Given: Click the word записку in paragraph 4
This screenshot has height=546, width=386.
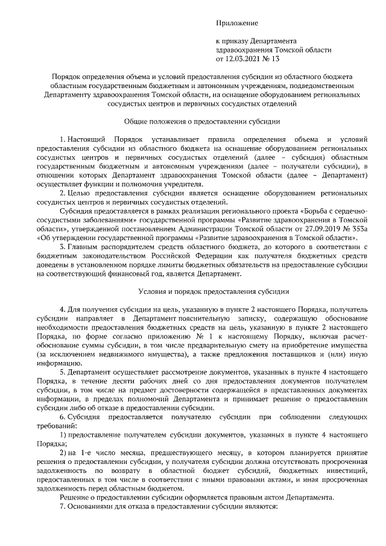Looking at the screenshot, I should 238,318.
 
